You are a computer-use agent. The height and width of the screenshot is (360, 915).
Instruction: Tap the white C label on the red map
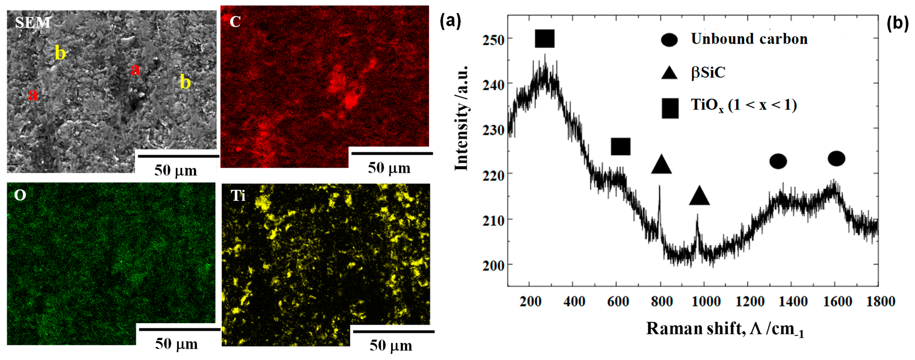(235, 22)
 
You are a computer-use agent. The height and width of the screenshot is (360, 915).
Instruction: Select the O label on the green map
(20, 195)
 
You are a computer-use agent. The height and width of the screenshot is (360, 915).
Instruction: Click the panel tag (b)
(897, 23)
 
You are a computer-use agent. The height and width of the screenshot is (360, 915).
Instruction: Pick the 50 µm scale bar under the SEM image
(178, 156)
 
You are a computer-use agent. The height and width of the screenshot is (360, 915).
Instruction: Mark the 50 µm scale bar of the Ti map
(393, 332)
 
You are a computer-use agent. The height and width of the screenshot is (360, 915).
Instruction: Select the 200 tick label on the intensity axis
(493, 265)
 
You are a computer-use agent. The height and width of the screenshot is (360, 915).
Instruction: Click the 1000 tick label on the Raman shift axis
(706, 301)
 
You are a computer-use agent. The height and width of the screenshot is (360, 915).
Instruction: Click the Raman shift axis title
(725, 329)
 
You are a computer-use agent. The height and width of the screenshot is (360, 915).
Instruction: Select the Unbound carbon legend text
(749, 39)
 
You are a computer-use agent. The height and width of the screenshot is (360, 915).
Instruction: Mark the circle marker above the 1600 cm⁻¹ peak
(836, 158)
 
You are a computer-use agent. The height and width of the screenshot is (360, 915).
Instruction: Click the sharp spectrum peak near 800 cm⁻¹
(659, 187)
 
